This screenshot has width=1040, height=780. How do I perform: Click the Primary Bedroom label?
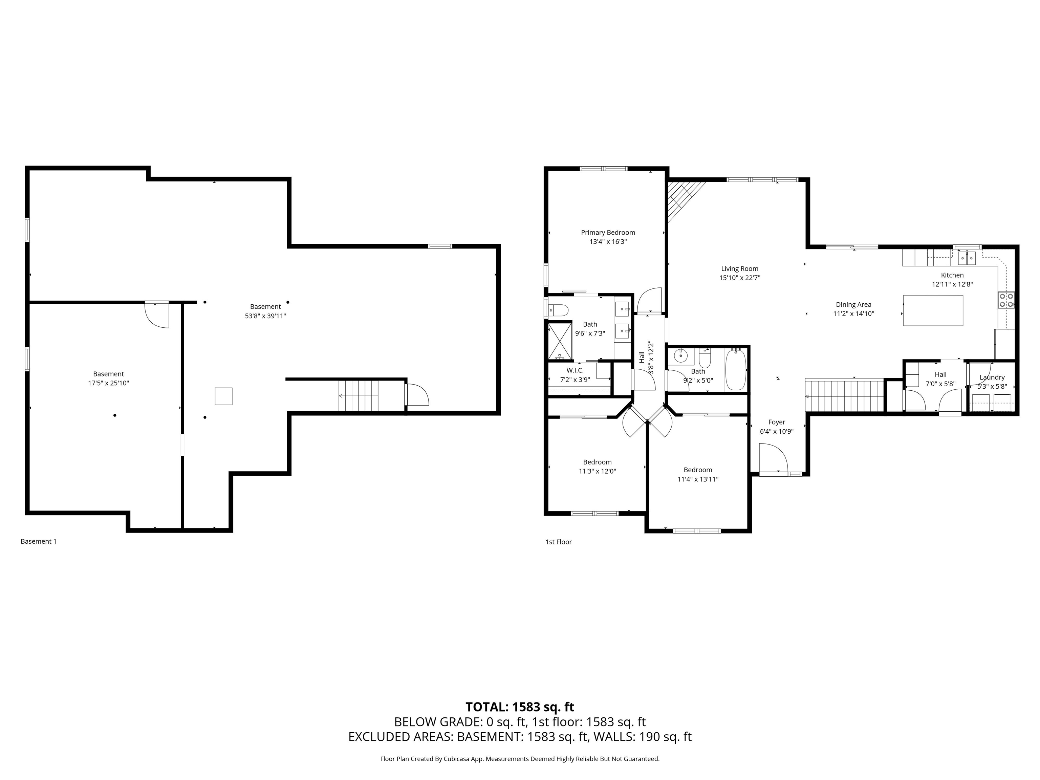point(608,232)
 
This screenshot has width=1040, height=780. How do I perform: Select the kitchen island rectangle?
point(933,310)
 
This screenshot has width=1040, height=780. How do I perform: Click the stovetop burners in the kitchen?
point(1006,300)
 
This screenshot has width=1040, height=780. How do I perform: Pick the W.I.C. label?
point(575,370)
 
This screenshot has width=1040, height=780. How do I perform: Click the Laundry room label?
point(992,377)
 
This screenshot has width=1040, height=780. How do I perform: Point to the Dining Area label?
point(853,305)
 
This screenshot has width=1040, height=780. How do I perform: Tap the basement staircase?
point(358,396)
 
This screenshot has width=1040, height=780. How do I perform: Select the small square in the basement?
point(223,396)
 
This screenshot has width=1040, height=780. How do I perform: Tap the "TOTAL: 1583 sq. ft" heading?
point(520,707)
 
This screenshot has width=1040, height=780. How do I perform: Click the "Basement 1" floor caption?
point(39,541)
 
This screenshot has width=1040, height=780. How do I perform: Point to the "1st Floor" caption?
point(559,542)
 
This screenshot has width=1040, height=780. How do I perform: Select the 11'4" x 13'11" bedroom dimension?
point(698,479)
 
